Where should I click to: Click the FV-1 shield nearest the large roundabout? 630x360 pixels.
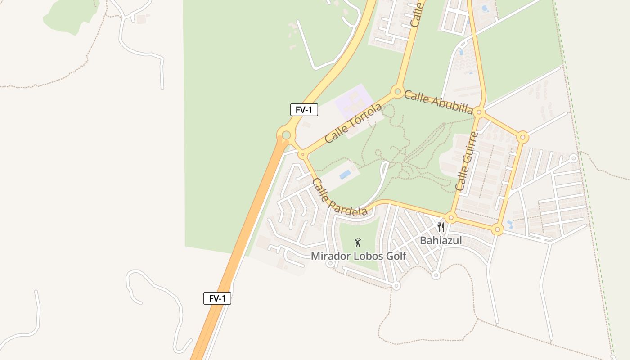click(x=304, y=110)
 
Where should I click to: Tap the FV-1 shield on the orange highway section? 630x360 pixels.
click(x=217, y=298)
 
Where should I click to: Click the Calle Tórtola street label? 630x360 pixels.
click(x=353, y=123)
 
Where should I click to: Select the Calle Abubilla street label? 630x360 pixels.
click(x=438, y=102)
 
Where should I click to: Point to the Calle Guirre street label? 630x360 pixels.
click(x=467, y=161)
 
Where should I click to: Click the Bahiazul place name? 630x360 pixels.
click(x=441, y=241)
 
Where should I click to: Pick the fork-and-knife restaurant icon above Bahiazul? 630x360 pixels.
click(x=441, y=227)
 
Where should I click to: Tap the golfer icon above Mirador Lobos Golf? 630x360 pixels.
click(x=358, y=243)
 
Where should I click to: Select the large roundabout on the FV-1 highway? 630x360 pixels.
click(x=286, y=135)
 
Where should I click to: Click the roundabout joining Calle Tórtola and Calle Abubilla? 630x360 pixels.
click(x=397, y=92)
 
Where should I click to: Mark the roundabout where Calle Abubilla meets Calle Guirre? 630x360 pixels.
click(x=479, y=112)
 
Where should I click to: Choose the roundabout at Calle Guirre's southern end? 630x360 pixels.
click(x=451, y=218)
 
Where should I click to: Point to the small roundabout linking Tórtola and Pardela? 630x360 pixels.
click(x=303, y=154)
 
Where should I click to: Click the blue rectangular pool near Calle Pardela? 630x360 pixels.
click(x=346, y=174)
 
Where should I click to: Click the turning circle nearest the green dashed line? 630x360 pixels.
click(x=573, y=158)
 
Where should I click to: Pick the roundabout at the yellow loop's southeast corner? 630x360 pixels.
click(x=497, y=230)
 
